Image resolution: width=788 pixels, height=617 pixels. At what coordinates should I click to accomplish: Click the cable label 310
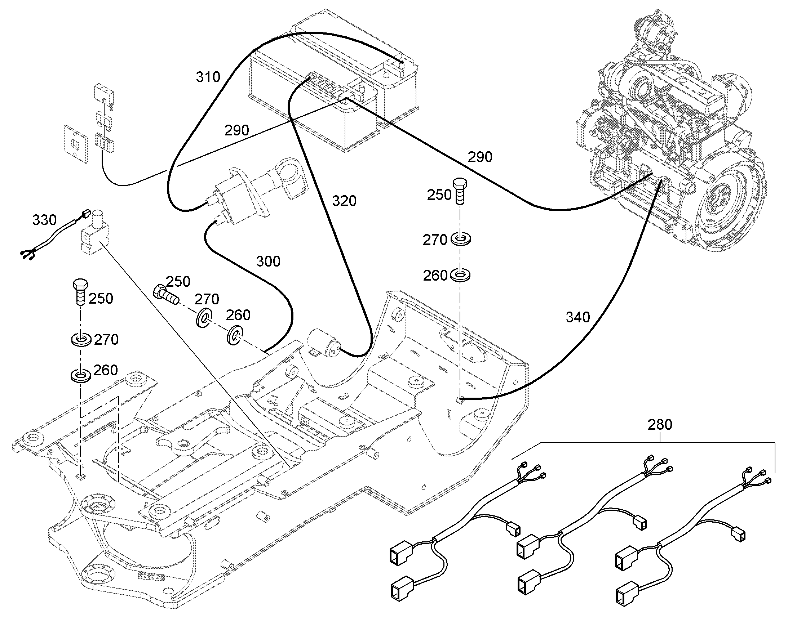(x=208, y=77)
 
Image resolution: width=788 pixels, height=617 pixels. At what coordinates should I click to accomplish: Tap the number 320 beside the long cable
(x=344, y=201)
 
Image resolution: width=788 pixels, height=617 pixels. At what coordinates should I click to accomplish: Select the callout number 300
(x=268, y=261)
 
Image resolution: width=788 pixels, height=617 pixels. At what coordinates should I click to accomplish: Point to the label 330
(x=44, y=220)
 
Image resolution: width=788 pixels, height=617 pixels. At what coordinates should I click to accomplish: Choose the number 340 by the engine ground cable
(x=577, y=317)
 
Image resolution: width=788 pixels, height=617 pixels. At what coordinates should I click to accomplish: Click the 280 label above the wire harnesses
(x=660, y=424)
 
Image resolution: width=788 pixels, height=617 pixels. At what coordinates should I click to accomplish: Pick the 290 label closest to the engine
(x=480, y=157)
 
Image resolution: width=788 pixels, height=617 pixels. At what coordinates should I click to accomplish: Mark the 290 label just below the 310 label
(x=237, y=130)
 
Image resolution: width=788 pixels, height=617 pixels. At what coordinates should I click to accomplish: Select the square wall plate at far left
(x=76, y=144)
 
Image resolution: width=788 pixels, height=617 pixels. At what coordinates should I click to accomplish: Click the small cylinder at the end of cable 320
(x=322, y=343)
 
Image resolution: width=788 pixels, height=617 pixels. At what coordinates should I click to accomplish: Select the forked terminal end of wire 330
(x=28, y=254)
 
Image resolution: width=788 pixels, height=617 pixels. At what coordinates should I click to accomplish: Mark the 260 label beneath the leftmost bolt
(x=106, y=370)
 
